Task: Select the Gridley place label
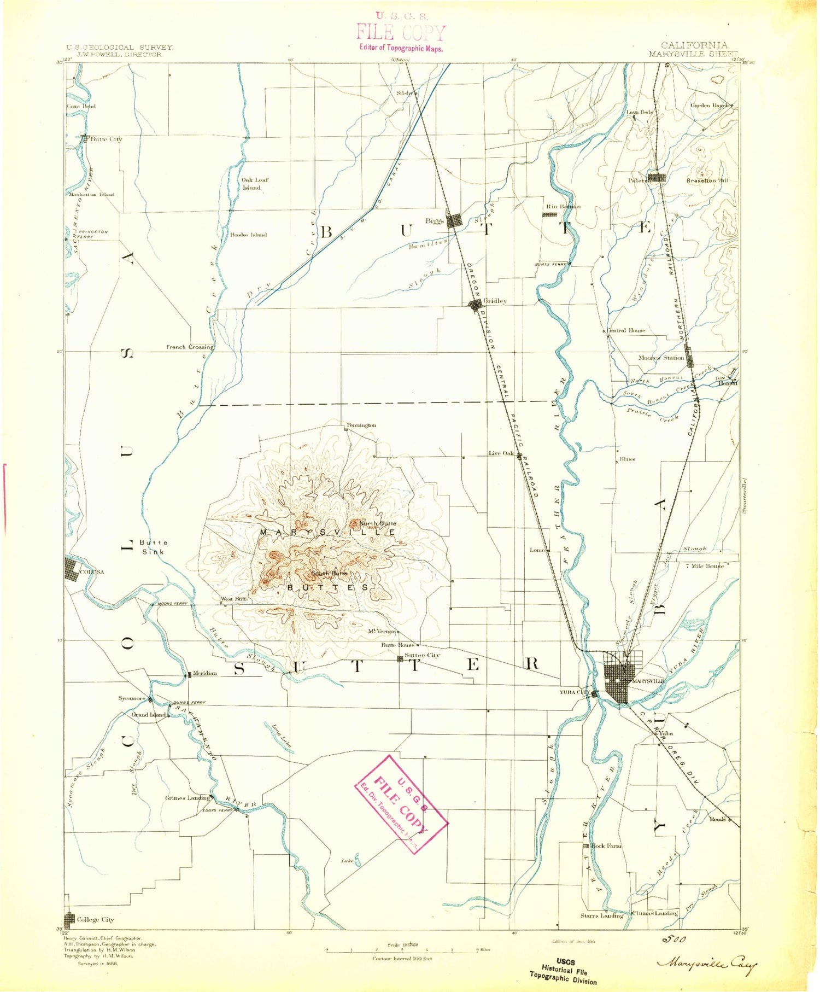coord(495,301)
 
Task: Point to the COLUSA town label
coord(91,572)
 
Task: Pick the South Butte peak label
coord(329,573)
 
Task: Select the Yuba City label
coord(574,692)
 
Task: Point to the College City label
coord(95,920)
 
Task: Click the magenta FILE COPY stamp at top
coord(401,33)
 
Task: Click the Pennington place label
coord(361,425)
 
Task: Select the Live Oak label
coord(501,453)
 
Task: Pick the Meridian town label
coord(204,673)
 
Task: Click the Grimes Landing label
coord(187,798)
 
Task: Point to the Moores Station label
coord(661,358)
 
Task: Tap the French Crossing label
coord(190,347)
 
